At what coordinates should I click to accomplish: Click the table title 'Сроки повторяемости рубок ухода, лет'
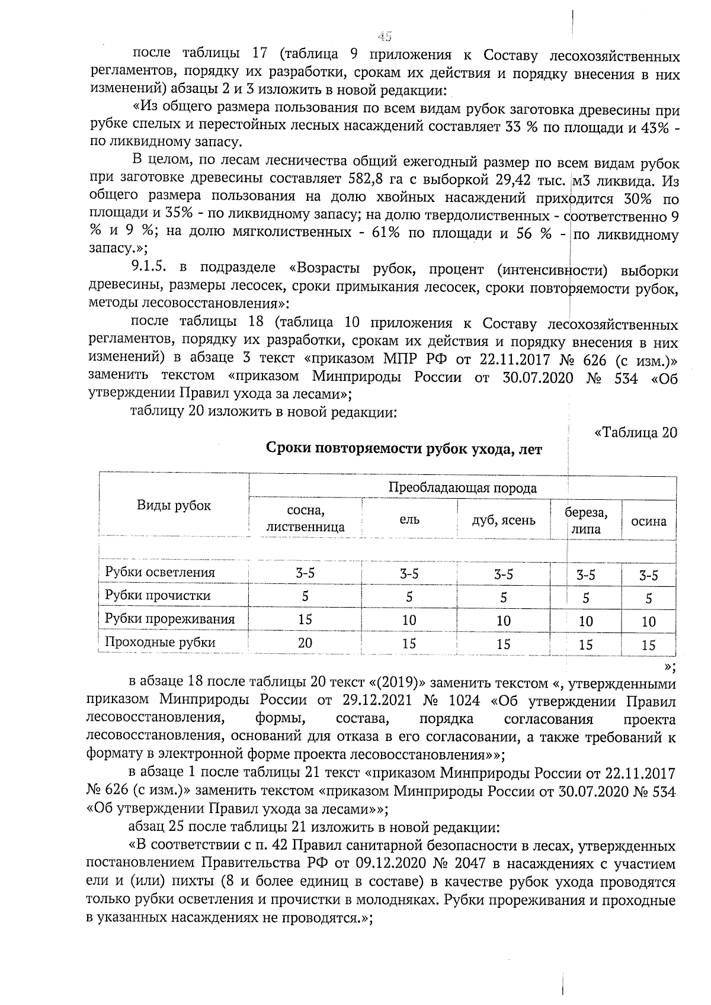pos(404,449)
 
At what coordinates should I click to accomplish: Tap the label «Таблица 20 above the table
pos(635,432)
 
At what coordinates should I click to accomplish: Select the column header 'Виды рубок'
pos(174,505)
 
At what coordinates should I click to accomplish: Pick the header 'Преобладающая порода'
pos(463,488)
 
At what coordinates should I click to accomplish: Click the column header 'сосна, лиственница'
pos(305,518)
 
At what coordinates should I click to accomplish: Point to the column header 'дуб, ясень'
pos(504,520)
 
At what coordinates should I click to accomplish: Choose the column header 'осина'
pos(649,521)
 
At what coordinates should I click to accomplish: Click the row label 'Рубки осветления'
pos(160,572)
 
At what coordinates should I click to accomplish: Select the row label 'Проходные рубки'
pos(160,642)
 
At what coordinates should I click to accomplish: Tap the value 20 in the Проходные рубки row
pos(305,642)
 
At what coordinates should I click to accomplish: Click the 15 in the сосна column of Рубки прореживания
pos(305,619)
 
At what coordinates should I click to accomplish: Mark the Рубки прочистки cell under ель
pos(409,597)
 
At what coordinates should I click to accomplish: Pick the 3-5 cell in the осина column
pos(649,575)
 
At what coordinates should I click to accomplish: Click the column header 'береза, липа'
pos(586,521)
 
